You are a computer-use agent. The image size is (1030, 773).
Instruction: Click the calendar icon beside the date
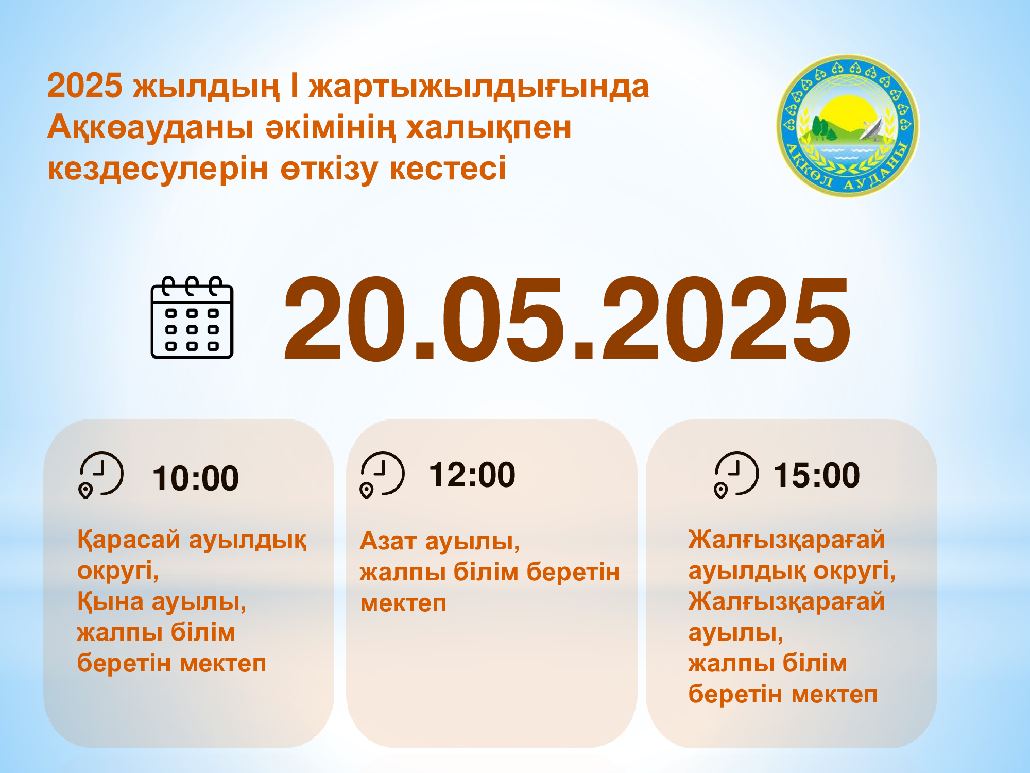point(192,317)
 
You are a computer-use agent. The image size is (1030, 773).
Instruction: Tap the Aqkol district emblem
point(847,125)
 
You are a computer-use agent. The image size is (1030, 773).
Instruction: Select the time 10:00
point(196,478)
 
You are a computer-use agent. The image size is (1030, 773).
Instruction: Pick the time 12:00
point(472,475)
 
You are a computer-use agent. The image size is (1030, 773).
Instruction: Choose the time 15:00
point(816,475)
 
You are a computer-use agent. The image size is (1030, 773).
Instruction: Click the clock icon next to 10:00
point(101,475)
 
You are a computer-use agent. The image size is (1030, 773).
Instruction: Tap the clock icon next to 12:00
point(382,475)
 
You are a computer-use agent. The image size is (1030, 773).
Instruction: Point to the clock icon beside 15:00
point(736,475)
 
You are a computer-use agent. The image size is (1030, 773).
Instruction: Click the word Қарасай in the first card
point(129,540)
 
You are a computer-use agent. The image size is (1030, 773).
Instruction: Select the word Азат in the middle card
point(388,541)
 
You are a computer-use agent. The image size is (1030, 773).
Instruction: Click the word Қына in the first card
point(110,601)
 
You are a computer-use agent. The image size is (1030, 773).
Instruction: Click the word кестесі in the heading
point(448,169)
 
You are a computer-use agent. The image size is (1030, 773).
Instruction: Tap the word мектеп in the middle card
point(403,603)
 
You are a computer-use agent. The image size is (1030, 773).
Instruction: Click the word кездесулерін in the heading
point(158,170)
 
